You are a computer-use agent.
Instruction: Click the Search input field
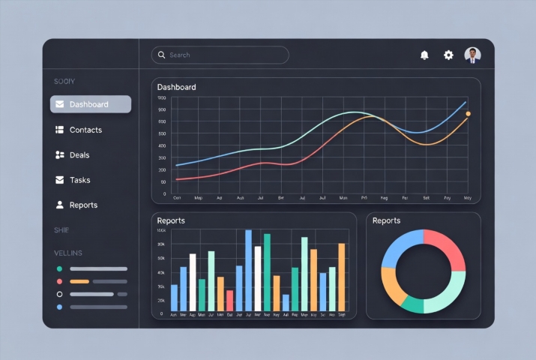225,55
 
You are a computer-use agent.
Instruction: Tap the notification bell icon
425,55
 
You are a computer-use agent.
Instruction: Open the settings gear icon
448,55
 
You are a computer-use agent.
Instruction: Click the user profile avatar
473,55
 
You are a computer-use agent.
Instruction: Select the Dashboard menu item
91,104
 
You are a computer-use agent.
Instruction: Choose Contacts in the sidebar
85,130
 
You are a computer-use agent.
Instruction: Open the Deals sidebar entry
79,155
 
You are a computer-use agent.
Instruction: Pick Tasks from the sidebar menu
79,180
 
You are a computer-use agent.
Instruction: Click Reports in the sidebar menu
82,205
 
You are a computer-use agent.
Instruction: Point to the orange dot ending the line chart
469,114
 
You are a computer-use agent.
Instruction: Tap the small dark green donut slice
412,304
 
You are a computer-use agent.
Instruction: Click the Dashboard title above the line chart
177,87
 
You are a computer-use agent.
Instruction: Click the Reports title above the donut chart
386,220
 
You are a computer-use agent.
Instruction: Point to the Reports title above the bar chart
171,220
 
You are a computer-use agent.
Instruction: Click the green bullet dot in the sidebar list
59,268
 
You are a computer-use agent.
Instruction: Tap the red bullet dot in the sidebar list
59,281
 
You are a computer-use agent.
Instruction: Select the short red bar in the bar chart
229,300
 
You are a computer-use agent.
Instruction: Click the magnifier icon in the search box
160,55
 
